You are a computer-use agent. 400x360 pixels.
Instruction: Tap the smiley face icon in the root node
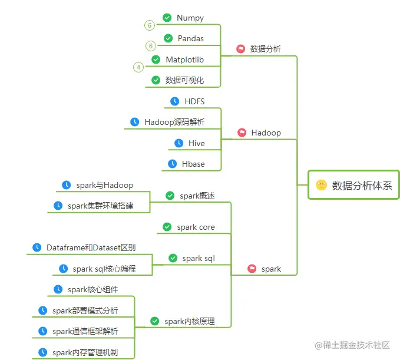[321, 185]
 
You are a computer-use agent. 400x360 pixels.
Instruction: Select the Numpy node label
[190, 18]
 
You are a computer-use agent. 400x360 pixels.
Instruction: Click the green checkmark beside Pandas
[168, 38]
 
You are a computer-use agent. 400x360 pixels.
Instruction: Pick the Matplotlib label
[184, 60]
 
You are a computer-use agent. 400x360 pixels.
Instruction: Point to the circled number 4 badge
[138, 67]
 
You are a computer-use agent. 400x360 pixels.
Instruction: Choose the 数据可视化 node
[184, 80]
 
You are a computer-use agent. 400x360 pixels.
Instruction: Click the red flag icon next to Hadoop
[242, 133]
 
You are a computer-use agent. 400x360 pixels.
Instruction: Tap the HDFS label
[194, 101]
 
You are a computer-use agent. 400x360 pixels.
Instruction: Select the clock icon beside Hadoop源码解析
[135, 122]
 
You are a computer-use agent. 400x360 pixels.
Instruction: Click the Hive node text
[197, 143]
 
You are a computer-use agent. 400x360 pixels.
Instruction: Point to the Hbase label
[193, 164]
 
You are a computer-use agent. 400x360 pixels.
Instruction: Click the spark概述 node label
[197, 196]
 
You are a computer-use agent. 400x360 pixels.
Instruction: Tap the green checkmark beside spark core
[167, 227]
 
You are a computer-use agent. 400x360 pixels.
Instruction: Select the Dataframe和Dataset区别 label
[91, 247]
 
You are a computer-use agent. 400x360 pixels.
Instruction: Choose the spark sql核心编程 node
[104, 269]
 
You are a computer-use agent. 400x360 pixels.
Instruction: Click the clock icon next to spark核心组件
[58, 289]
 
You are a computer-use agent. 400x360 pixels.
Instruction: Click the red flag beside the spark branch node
[252, 269]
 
